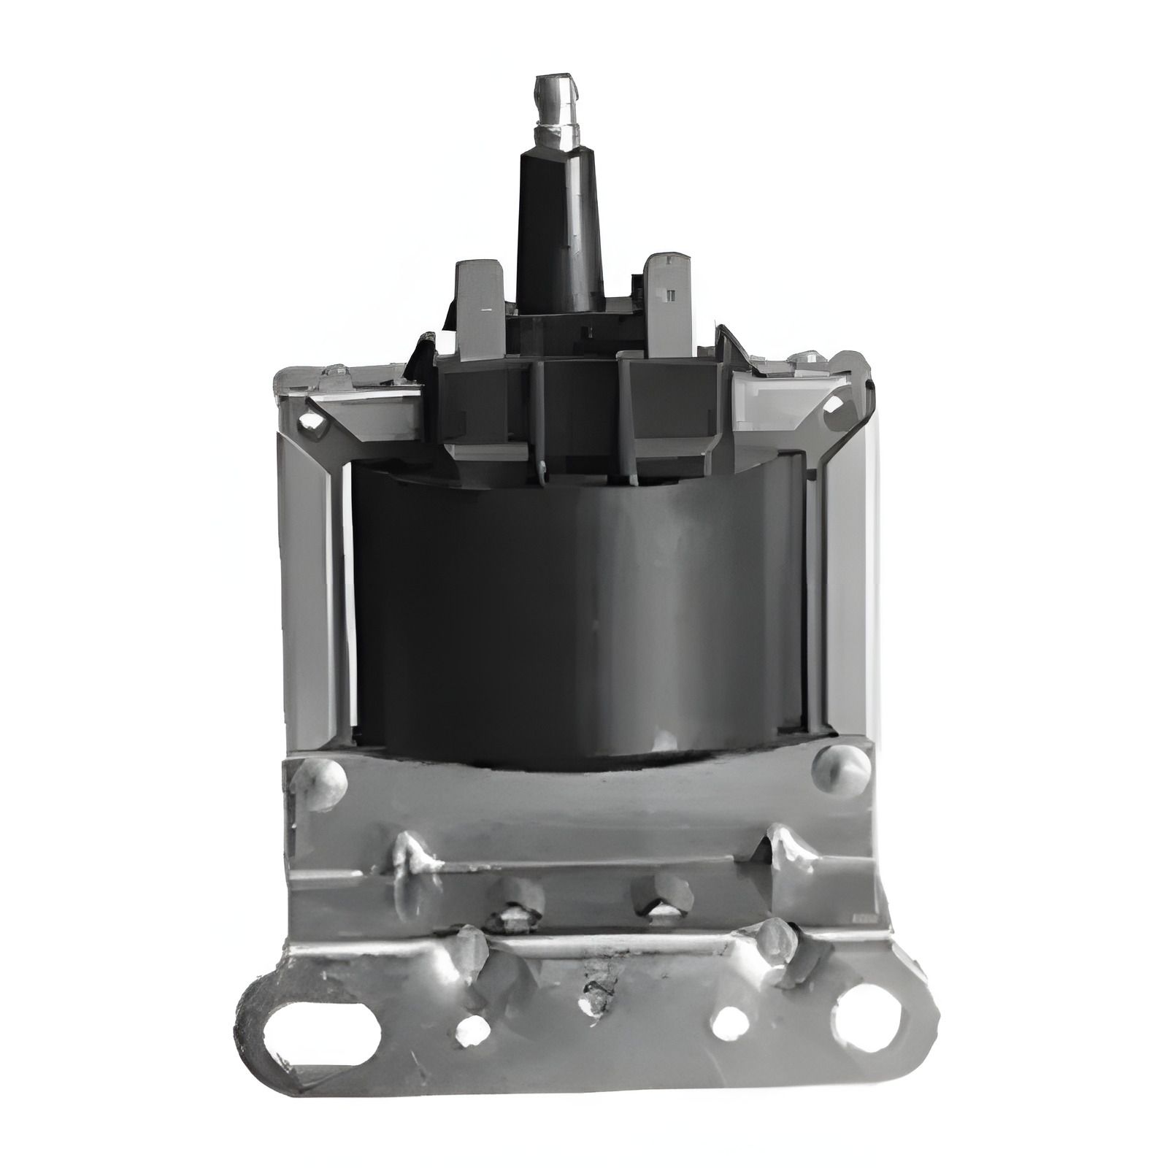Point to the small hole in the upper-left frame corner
(x=310, y=420)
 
